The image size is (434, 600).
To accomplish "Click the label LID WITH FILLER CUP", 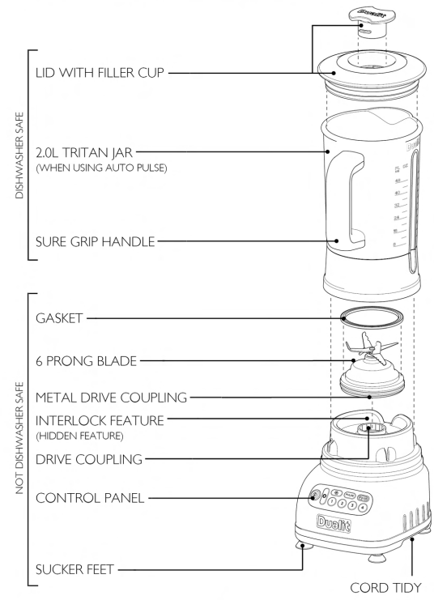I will click(100, 74).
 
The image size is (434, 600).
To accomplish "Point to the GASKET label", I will click(57, 319).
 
